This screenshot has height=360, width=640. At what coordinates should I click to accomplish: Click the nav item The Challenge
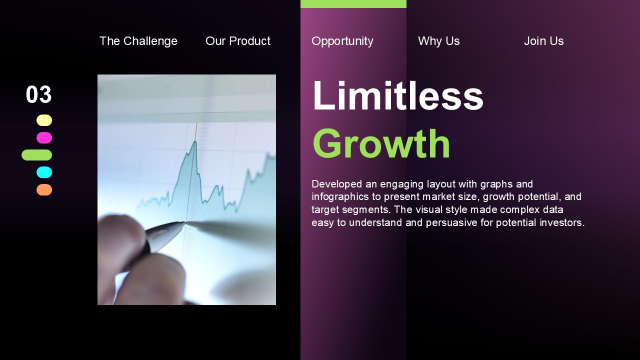click(138, 41)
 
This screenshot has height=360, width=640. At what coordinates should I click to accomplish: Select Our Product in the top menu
click(237, 41)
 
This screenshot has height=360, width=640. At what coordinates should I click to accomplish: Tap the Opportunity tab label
click(342, 41)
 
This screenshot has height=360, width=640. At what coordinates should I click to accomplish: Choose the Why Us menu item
click(439, 41)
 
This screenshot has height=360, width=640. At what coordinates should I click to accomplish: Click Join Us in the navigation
click(543, 41)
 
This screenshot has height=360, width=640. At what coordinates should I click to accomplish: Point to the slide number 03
click(39, 94)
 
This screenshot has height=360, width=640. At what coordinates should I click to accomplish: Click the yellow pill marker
click(44, 120)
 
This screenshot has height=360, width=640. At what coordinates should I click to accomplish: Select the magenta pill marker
click(44, 137)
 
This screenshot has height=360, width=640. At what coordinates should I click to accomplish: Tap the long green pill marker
click(37, 155)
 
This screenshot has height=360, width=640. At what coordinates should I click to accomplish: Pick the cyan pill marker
click(44, 172)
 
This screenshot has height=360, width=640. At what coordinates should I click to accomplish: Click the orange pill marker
click(44, 189)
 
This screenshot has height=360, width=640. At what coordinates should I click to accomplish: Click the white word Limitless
click(398, 95)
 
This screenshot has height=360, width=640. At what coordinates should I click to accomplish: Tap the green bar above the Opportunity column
click(353, 4)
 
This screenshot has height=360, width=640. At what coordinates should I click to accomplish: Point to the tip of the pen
click(184, 222)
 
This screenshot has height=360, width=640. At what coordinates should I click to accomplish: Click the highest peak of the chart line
click(195, 141)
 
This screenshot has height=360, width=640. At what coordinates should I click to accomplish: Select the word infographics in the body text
click(340, 197)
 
